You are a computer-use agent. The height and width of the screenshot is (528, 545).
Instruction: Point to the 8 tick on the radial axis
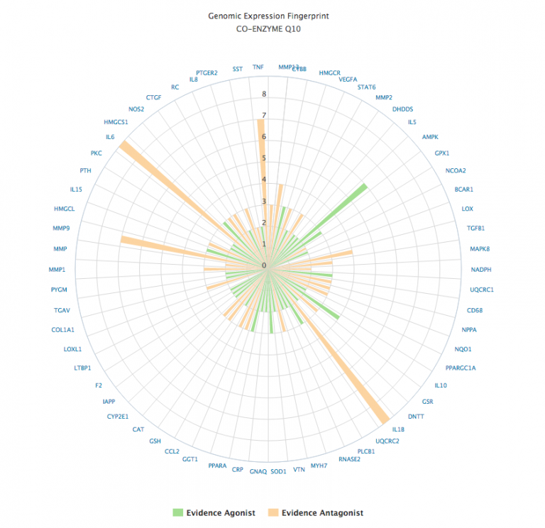pyautogui.click(x=264, y=94)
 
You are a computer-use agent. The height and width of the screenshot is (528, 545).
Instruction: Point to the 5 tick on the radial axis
pyautogui.click(x=264, y=158)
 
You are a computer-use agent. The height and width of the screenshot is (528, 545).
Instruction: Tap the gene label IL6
pyautogui.click(x=110, y=137)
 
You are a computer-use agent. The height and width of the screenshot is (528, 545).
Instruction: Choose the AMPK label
pyautogui.click(x=430, y=137)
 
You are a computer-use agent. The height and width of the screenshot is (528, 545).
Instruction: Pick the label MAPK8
pyautogui.click(x=480, y=248)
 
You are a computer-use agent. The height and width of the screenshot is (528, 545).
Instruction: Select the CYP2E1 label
pyautogui.click(x=118, y=416)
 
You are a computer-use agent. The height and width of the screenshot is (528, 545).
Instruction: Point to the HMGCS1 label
pyautogui.click(x=116, y=122)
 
